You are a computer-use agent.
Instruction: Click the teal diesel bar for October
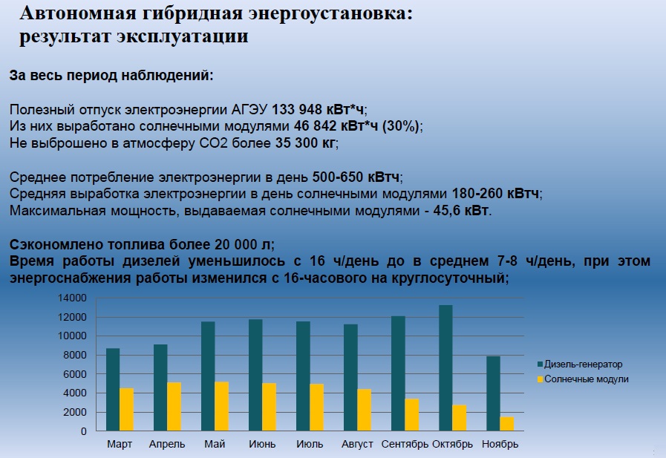445,368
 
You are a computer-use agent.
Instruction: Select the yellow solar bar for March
126,410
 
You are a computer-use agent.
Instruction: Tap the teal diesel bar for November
493,393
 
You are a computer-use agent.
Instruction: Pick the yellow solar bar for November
507,424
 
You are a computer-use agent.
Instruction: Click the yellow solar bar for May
222,407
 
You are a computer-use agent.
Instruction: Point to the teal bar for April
160,388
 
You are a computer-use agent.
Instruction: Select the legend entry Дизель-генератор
580,364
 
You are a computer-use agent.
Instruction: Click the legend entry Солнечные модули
583,379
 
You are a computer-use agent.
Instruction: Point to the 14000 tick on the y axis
72,298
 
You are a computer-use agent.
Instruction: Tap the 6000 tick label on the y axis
75,374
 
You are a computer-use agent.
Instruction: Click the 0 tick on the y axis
84,432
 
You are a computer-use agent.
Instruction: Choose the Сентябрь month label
405,445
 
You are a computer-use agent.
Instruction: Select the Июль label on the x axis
310,445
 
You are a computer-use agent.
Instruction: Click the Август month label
357,445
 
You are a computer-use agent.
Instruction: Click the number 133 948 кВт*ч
318,110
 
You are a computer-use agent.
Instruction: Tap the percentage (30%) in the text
400,126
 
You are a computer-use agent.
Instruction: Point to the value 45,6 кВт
461,211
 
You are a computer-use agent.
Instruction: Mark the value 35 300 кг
305,143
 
